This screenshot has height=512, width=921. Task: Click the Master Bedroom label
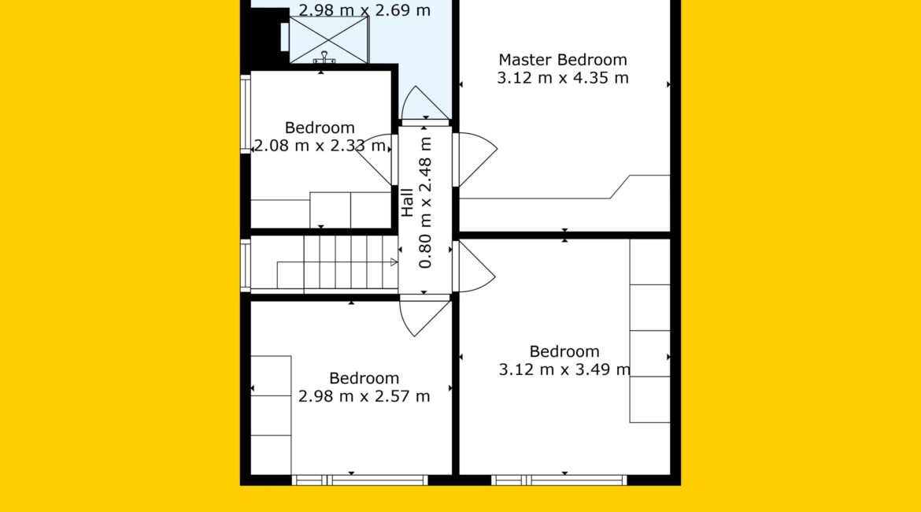pos(563,60)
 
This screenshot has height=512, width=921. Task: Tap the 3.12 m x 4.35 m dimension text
pos(563,78)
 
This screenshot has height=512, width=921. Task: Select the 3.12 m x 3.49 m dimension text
pos(564,369)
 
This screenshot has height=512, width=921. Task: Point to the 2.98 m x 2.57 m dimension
pos(364,396)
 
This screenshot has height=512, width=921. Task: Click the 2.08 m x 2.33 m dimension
pos(320,145)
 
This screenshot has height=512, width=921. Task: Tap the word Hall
pos(407,202)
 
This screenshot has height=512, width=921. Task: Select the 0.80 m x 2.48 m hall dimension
pos(425,202)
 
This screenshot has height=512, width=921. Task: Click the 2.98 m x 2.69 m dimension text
pos(364,9)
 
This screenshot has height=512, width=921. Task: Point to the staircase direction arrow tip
pos(397,262)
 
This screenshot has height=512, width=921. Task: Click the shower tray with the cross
pos(329,39)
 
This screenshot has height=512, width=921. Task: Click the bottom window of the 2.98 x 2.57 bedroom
pos(360,480)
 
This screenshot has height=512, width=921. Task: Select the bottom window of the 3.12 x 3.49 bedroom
pos(559,480)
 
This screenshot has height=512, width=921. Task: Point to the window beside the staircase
pos(246,265)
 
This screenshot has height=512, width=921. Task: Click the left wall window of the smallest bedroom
pos(246,114)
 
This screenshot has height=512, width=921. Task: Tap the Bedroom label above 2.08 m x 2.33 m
pos(320,128)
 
